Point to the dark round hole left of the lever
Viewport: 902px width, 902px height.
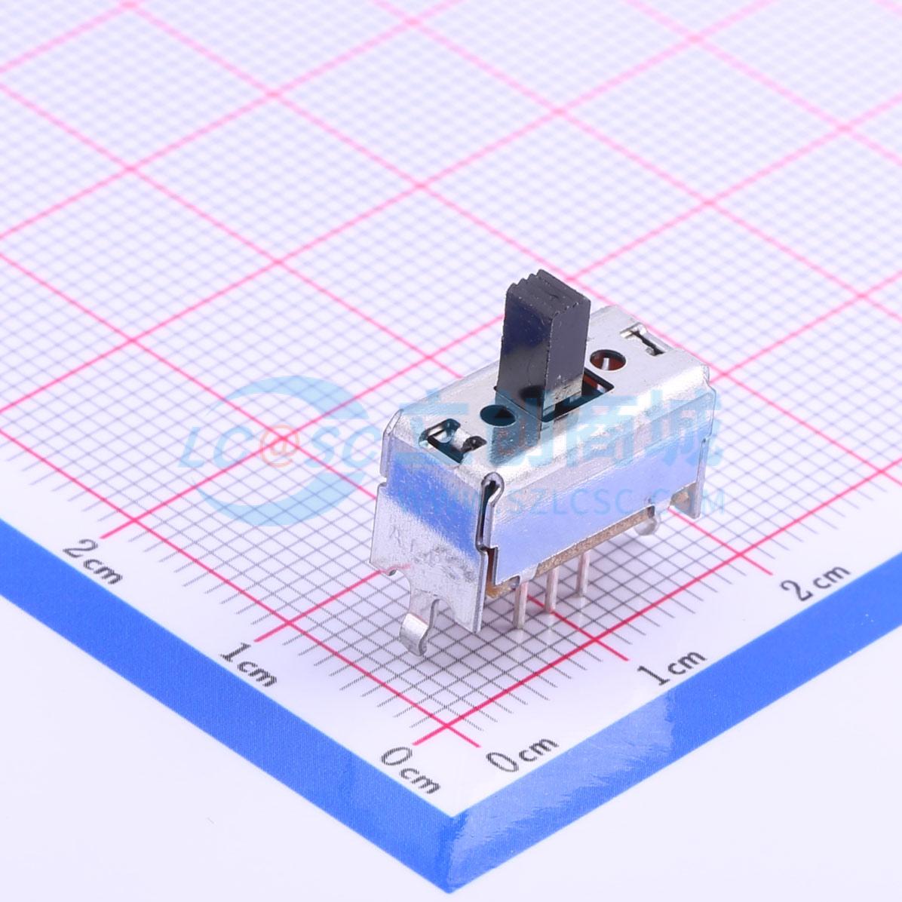coord(500,416)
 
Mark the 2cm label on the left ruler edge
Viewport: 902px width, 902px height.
coord(93,561)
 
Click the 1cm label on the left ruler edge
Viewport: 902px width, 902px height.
coord(249,662)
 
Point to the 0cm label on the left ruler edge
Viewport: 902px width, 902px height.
coord(410,769)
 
